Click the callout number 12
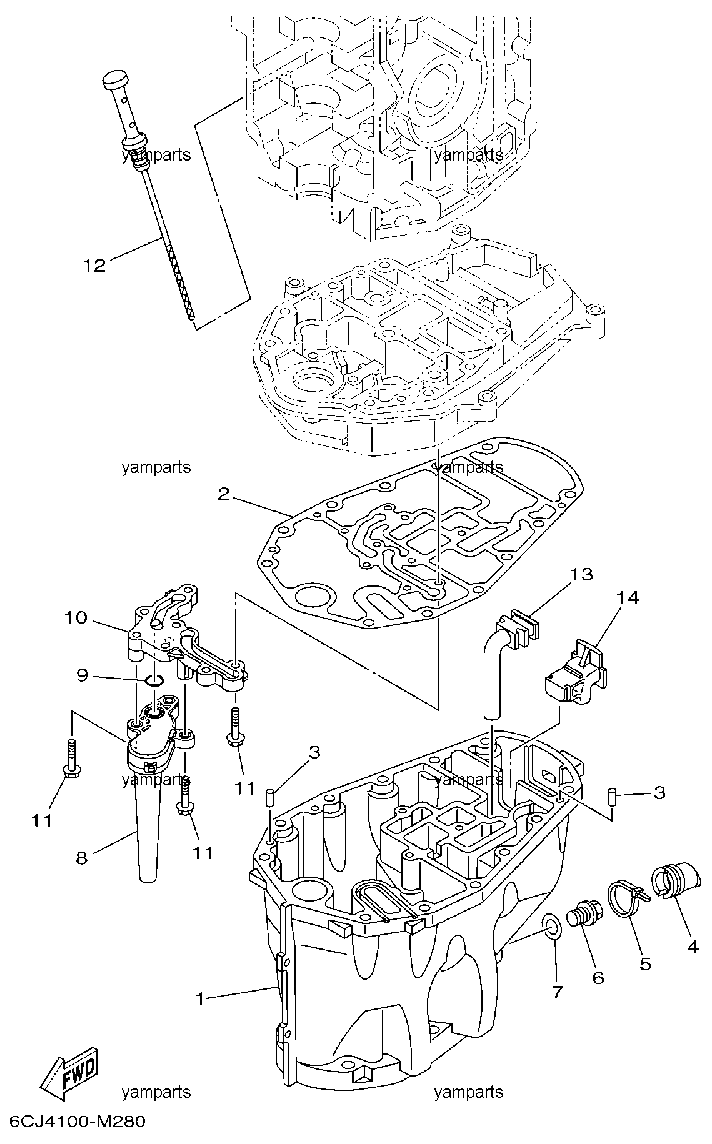tap(95, 266)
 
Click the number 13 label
tap(581, 574)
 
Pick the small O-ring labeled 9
tap(155, 680)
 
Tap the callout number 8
tap(81, 859)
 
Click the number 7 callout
tap(558, 991)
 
